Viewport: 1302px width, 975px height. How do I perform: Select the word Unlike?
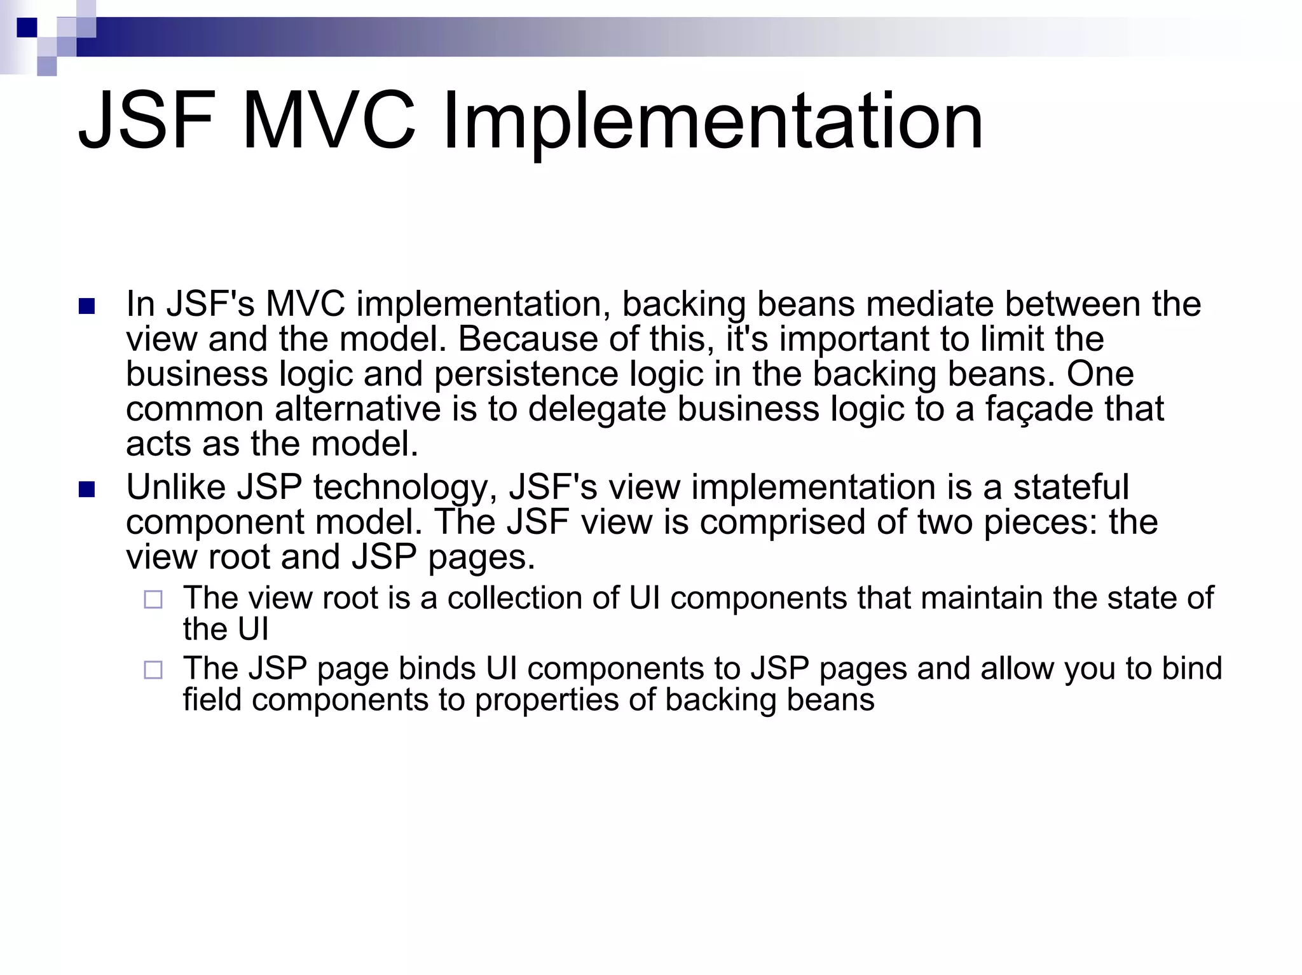[176, 487]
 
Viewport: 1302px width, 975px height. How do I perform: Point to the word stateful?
[1071, 487]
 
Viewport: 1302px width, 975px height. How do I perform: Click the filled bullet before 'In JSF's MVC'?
[86, 307]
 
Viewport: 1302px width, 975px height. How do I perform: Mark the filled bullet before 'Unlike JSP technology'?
[86, 490]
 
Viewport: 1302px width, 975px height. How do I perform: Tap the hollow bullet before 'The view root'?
[153, 599]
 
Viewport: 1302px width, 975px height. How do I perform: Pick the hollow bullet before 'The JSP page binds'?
[153, 670]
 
